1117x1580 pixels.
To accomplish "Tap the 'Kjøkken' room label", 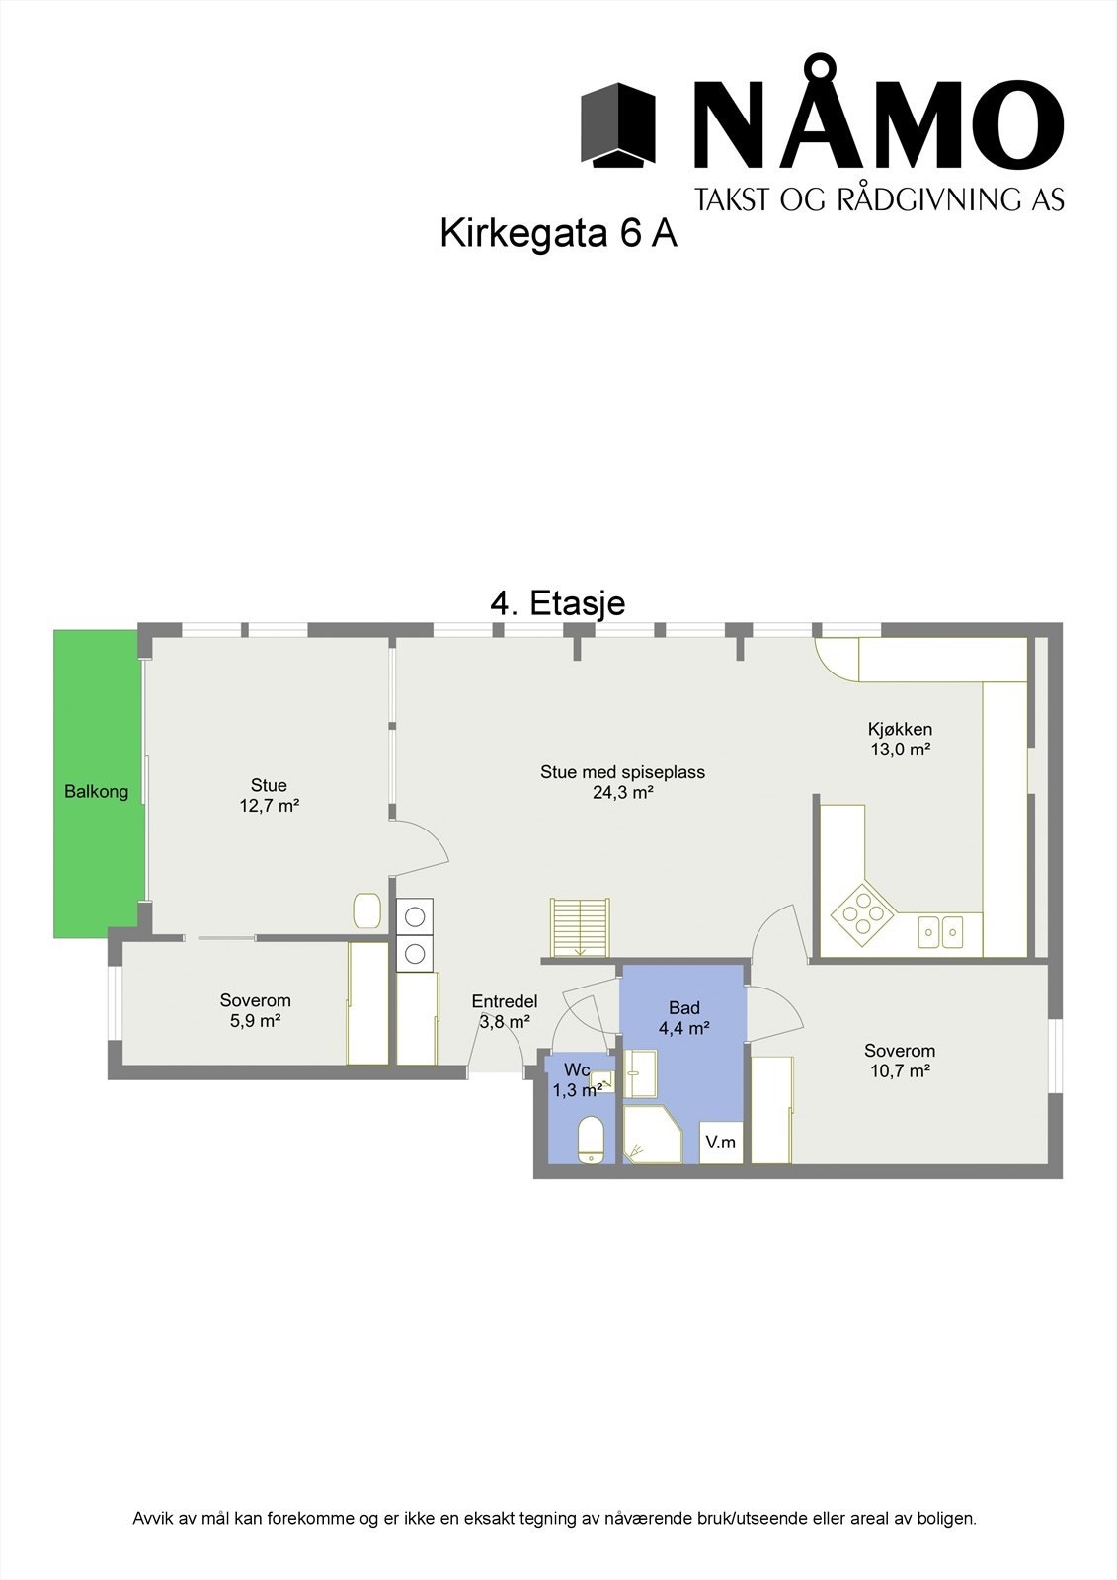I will [900, 729].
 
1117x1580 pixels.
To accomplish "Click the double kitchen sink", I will [940, 930].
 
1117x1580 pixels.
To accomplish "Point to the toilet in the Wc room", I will [592, 1142].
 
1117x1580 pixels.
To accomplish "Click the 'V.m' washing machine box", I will [721, 1143].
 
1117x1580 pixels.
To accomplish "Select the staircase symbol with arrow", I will [580, 927].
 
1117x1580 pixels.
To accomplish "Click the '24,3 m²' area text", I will [622, 792].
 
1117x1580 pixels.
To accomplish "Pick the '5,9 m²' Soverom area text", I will [255, 1021].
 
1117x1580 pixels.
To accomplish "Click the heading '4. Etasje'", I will [558, 602].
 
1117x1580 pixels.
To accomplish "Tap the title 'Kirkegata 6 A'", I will [558, 234].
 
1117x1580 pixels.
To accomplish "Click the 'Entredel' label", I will [504, 1001].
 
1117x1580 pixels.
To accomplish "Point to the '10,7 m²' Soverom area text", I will [899, 1070].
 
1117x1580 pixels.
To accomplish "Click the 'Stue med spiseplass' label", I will [622, 772].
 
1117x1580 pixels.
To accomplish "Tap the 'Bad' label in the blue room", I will [683, 1007].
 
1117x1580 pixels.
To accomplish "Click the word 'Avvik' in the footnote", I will [152, 1518].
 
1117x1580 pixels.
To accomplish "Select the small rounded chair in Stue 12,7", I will [367, 910].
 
